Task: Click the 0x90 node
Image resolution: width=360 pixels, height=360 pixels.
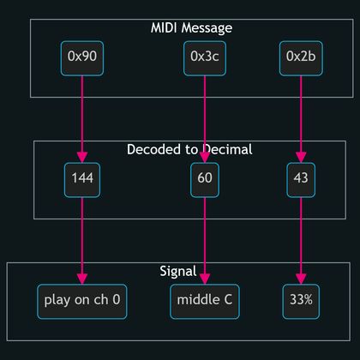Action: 82,57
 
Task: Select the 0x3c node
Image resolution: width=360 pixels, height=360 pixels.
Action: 204,57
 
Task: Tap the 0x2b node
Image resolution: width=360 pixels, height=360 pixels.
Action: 300,57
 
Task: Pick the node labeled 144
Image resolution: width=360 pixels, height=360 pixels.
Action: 82,179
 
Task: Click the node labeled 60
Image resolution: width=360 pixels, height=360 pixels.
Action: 204,179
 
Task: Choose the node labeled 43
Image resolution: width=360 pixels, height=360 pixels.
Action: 300,179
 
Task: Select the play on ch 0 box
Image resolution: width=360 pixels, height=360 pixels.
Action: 82,301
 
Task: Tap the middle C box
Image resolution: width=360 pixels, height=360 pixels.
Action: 204,301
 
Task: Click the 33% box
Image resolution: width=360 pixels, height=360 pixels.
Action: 300,301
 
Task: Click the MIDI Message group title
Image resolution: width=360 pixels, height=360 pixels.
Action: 191,27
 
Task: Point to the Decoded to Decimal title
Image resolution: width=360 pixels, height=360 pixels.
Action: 189,149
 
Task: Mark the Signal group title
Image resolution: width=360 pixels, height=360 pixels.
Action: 178,271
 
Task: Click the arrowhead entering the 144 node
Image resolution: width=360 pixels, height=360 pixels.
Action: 82,157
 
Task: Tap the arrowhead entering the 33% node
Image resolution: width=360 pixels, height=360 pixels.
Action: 300,279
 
